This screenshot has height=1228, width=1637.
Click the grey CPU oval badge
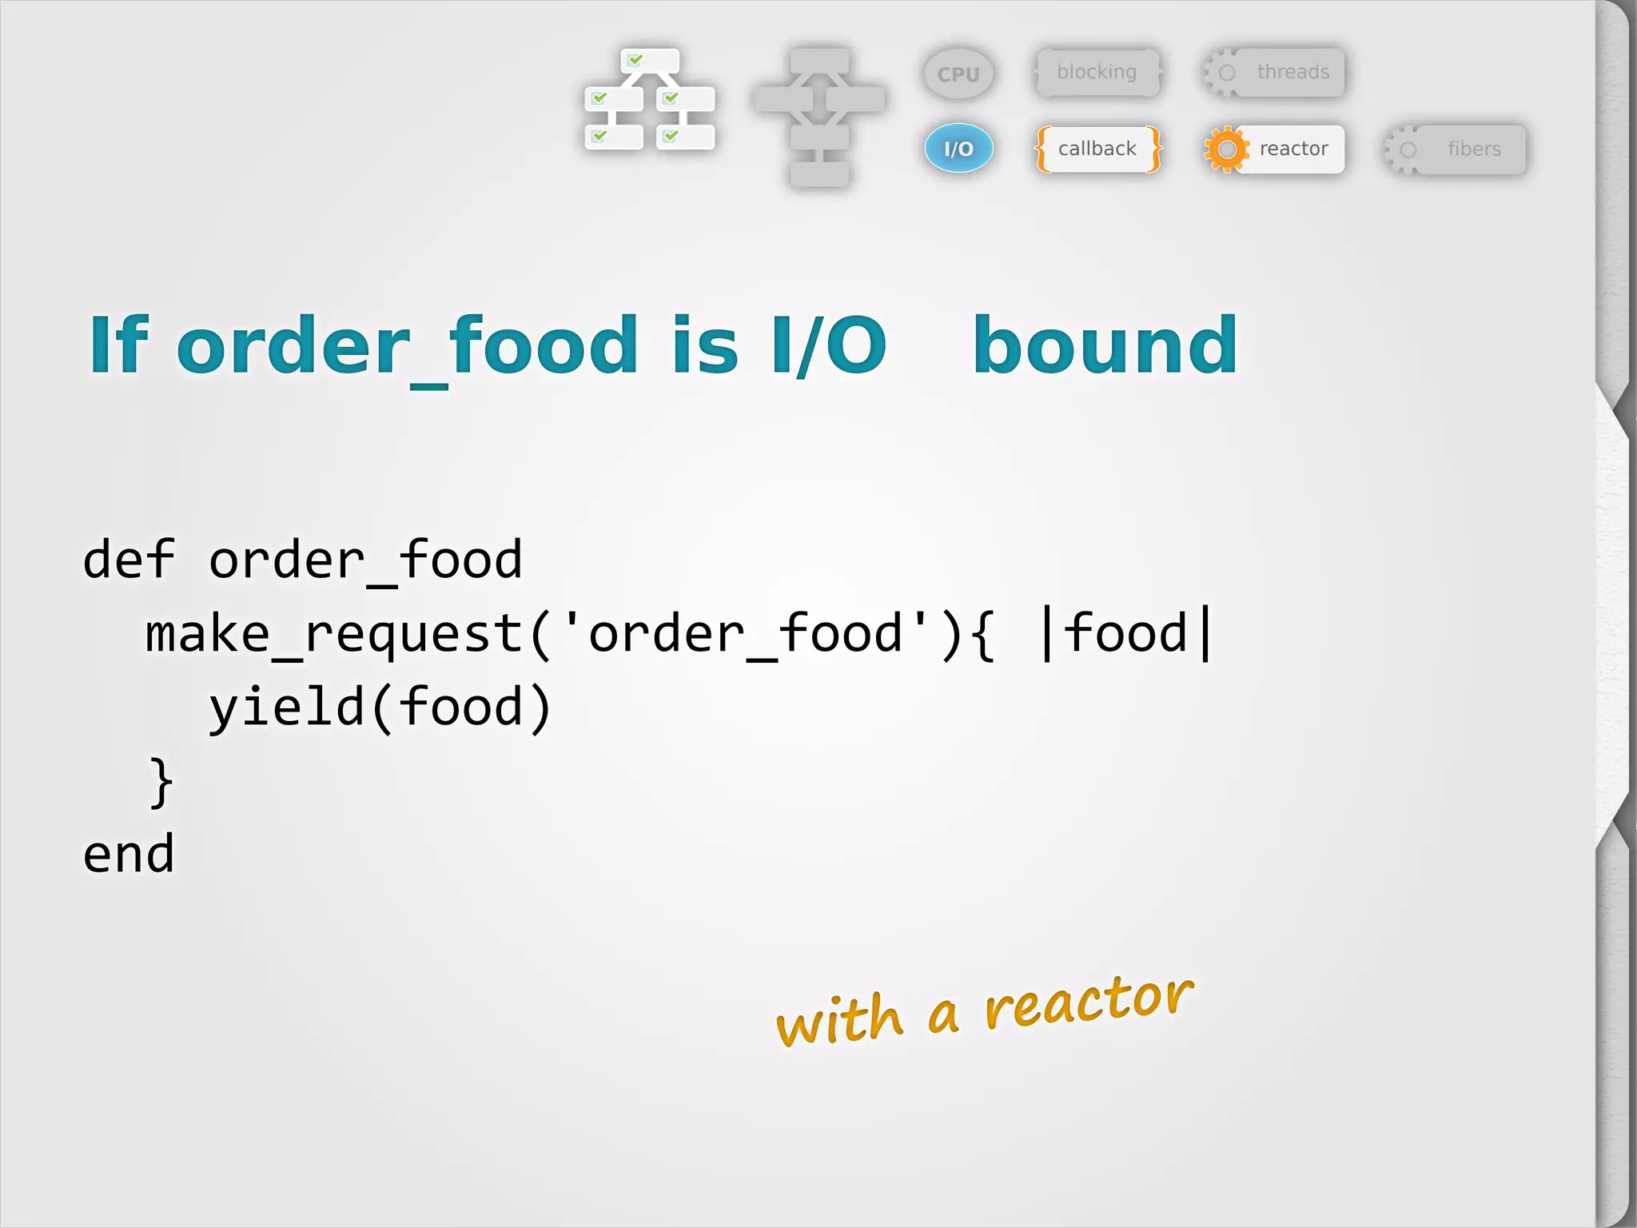click(958, 74)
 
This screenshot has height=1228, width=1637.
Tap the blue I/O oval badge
click(958, 149)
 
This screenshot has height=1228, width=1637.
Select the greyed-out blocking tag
click(1097, 72)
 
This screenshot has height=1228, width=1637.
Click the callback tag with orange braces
click(1097, 149)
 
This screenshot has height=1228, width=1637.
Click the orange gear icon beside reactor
click(1226, 149)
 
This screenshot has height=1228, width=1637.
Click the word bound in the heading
click(1105, 345)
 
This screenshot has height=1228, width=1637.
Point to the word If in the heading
click(118, 345)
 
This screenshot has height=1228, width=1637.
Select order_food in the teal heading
click(406, 347)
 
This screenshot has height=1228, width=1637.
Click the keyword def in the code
click(128, 559)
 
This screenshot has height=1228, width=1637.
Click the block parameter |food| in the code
click(1125, 633)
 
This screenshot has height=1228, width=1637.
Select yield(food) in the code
click(380, 708)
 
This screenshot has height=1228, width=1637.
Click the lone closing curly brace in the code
click(161, 782)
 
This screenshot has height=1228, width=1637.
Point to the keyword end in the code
click(128, 854)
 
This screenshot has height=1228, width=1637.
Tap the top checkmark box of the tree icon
click(650, 60)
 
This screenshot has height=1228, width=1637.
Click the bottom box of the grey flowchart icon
click(819, 173)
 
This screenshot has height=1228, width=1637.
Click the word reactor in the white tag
click(1293, 149)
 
